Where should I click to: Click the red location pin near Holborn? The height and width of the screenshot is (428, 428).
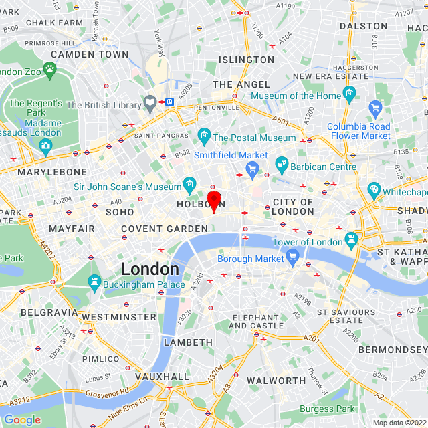click(213, 200)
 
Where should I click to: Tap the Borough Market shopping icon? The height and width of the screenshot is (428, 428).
click(292, 256)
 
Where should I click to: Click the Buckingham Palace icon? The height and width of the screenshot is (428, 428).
click(94, 284)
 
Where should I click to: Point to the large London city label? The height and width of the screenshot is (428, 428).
click(150, 269)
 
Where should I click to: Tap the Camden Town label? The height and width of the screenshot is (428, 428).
click(90, 53)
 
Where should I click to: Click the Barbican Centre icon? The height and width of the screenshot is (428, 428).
click(282, 165)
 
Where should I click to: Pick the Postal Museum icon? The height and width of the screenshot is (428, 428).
click(204, 138)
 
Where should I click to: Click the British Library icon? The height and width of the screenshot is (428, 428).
click(150, 104)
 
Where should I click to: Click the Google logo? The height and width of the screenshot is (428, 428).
click(22, 420)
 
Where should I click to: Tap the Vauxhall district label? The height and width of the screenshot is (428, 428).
click(162, 377)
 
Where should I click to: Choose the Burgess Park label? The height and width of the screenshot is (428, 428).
click(328, 409)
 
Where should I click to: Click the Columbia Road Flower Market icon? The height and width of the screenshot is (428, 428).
click(375, 107)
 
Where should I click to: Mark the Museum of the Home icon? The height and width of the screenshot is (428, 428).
click(349, 95)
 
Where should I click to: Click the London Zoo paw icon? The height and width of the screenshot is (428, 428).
click(49, 69)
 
